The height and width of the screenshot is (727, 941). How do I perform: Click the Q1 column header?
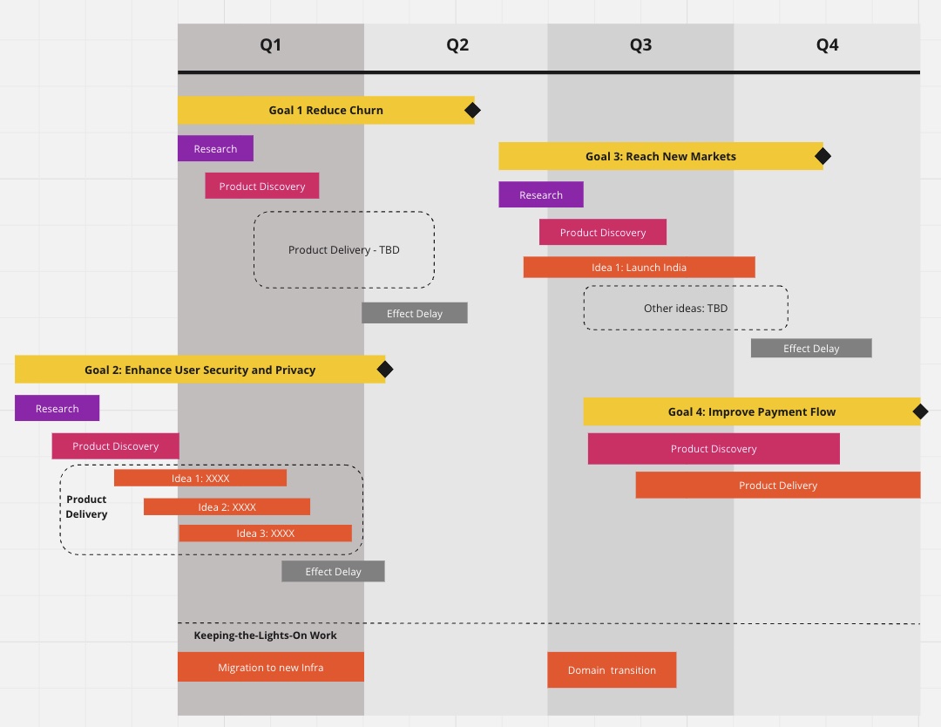[x=271, y=45]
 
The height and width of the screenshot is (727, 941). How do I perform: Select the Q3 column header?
[x=640, y=45]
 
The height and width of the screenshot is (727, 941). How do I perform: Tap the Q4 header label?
[x=827, y=45]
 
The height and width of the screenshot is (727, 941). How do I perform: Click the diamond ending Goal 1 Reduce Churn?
[x=472, y=110]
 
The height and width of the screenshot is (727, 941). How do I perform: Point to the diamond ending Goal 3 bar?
[x=823, y=156]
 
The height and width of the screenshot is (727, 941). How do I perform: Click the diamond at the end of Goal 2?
[x=385, y=370]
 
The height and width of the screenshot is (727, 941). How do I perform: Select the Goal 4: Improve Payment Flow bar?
[x=751, y=411]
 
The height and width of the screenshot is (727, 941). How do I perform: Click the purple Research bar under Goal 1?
[x=215, y=148]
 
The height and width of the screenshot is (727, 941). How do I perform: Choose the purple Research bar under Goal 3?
[x=540, y=194]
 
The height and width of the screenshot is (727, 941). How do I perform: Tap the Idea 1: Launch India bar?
[x=639, y=267]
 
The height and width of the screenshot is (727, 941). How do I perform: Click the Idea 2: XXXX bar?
[x=227, y=506]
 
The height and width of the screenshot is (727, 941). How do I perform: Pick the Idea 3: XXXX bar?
[x=265, y=533]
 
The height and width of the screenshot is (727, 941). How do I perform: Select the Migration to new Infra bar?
[x=270, y=667]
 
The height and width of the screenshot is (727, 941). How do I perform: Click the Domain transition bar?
[x=612, y=669]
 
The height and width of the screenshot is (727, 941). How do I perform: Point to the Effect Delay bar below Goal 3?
[x=811, y=348]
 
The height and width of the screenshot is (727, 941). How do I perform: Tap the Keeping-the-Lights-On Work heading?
[x=265, y=635]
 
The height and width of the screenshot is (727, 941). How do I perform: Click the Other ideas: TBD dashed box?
[x=686, y=308]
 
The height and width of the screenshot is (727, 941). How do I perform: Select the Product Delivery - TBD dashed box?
[x=344, y=249]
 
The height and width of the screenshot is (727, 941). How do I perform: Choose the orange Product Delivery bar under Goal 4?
[x=778, y=485]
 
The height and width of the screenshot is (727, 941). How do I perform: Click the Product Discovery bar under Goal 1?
[x=261, y=186]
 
